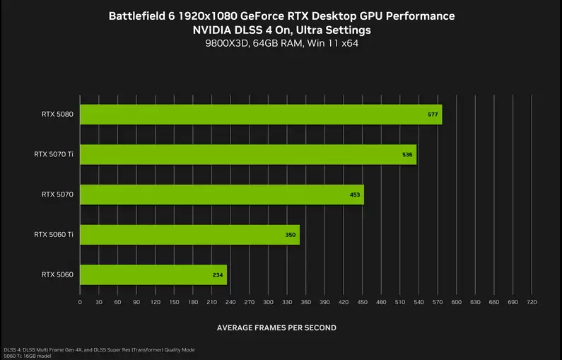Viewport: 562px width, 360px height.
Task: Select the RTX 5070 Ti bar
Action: [x=247, y=154]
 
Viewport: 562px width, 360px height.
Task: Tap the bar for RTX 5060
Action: [x=153, y=274]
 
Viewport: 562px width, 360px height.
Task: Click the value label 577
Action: [x=433, y=114]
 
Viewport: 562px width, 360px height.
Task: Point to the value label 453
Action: [x=355, y=194]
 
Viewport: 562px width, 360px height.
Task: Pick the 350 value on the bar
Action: [x=291, y=235]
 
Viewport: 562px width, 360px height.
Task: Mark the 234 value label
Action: [x=218, y=274]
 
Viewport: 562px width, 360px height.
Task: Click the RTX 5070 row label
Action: [x=57, y=194]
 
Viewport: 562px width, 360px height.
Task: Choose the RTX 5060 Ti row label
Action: [x=53, y=234]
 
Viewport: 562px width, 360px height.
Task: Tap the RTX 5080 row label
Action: [x=57, y=114]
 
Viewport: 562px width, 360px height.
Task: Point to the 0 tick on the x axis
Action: [x=80, y=303]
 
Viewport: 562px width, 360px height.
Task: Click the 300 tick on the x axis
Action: [x=268, y=303]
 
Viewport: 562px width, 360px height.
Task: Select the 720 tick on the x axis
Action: [x=532, y=303]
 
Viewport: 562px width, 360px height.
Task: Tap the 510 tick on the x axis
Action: [x=399, y=303]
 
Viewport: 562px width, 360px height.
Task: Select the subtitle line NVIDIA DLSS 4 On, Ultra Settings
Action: [x=281, y=30]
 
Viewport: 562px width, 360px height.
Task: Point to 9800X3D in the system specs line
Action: [x=224, y=45]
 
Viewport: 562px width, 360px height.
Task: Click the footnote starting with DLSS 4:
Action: [x=99, y=349]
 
